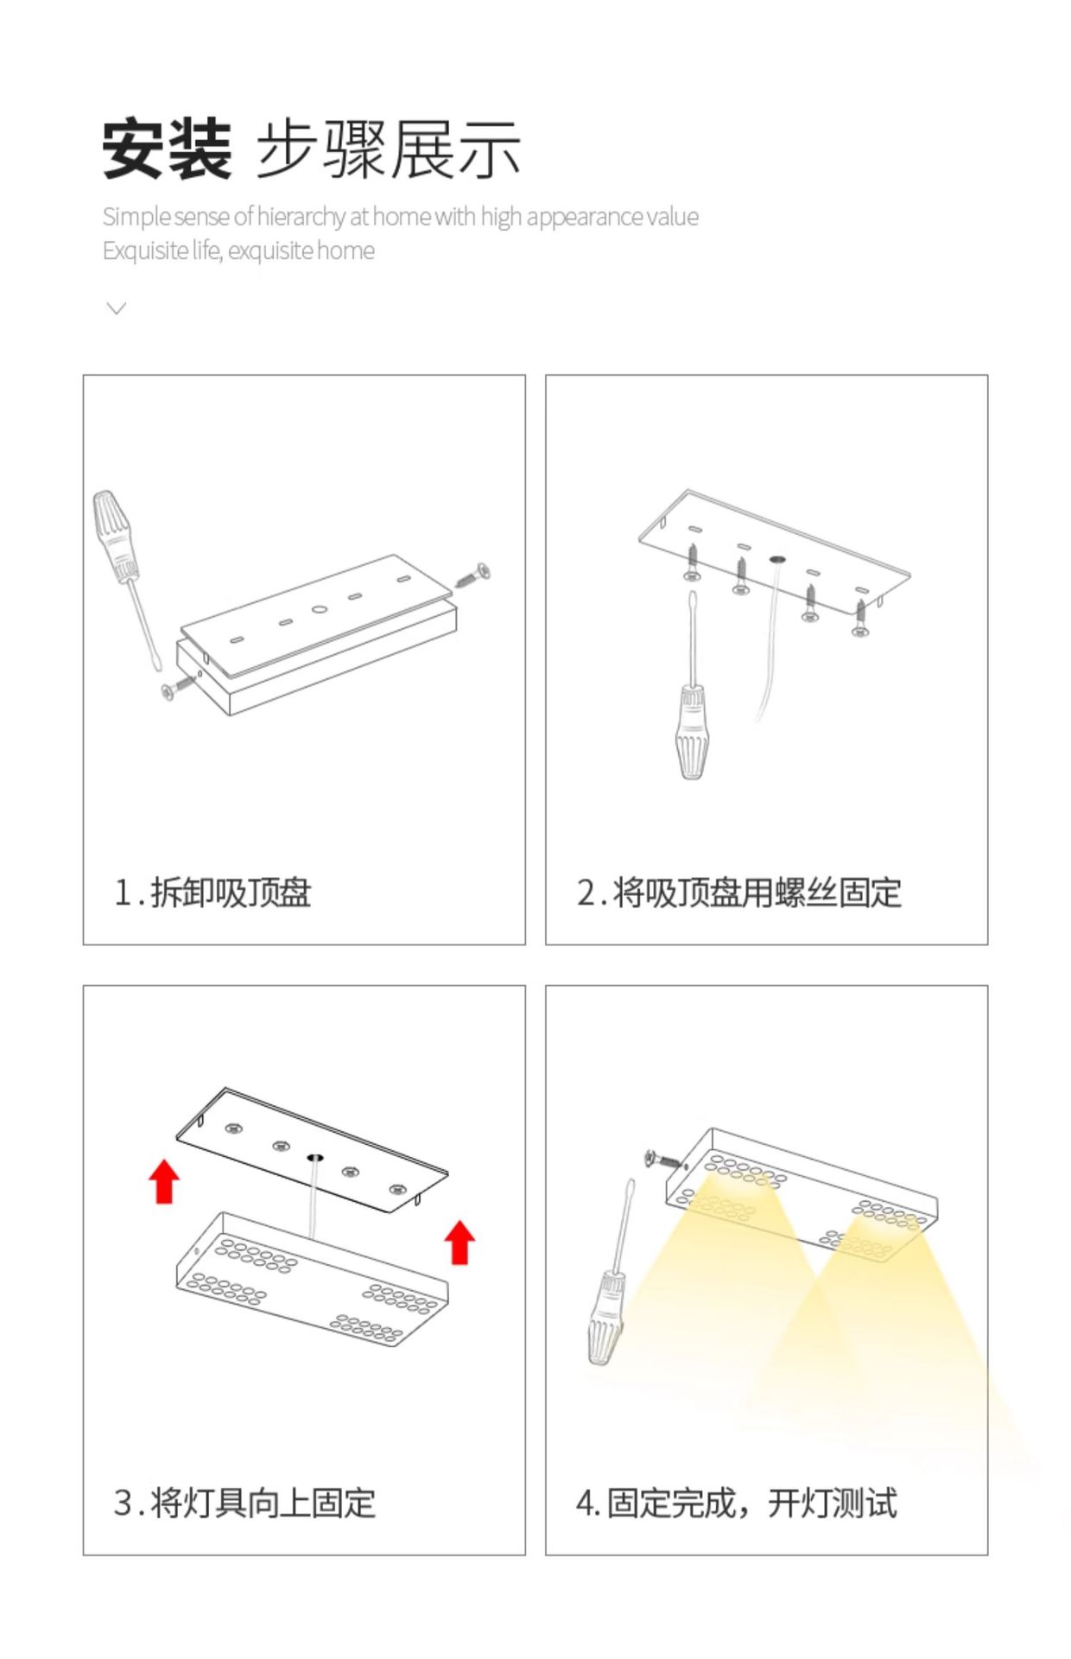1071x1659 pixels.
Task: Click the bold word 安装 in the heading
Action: click(x=168, y=149)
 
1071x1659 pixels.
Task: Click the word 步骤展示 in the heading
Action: click(x=389, y=149)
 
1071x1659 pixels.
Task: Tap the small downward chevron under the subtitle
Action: click(x=116, y=308)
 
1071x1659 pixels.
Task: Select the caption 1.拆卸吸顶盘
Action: click(x=212, y=893)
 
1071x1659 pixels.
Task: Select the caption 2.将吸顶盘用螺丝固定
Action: click(x=739, y=893)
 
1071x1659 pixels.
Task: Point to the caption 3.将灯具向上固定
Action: click(x=244, y=1503)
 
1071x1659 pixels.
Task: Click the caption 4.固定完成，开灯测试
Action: click(x=737, y=1503)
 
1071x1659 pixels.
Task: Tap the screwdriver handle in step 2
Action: click(x=693, y=731)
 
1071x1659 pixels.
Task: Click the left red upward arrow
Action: click(x=164, y=1181)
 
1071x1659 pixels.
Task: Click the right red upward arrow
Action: click(x=460, y=1242)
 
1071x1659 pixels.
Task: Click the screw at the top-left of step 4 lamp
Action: click(x=663, y=1159)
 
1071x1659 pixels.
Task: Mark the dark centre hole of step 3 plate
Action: click(x=314, y=1156)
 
